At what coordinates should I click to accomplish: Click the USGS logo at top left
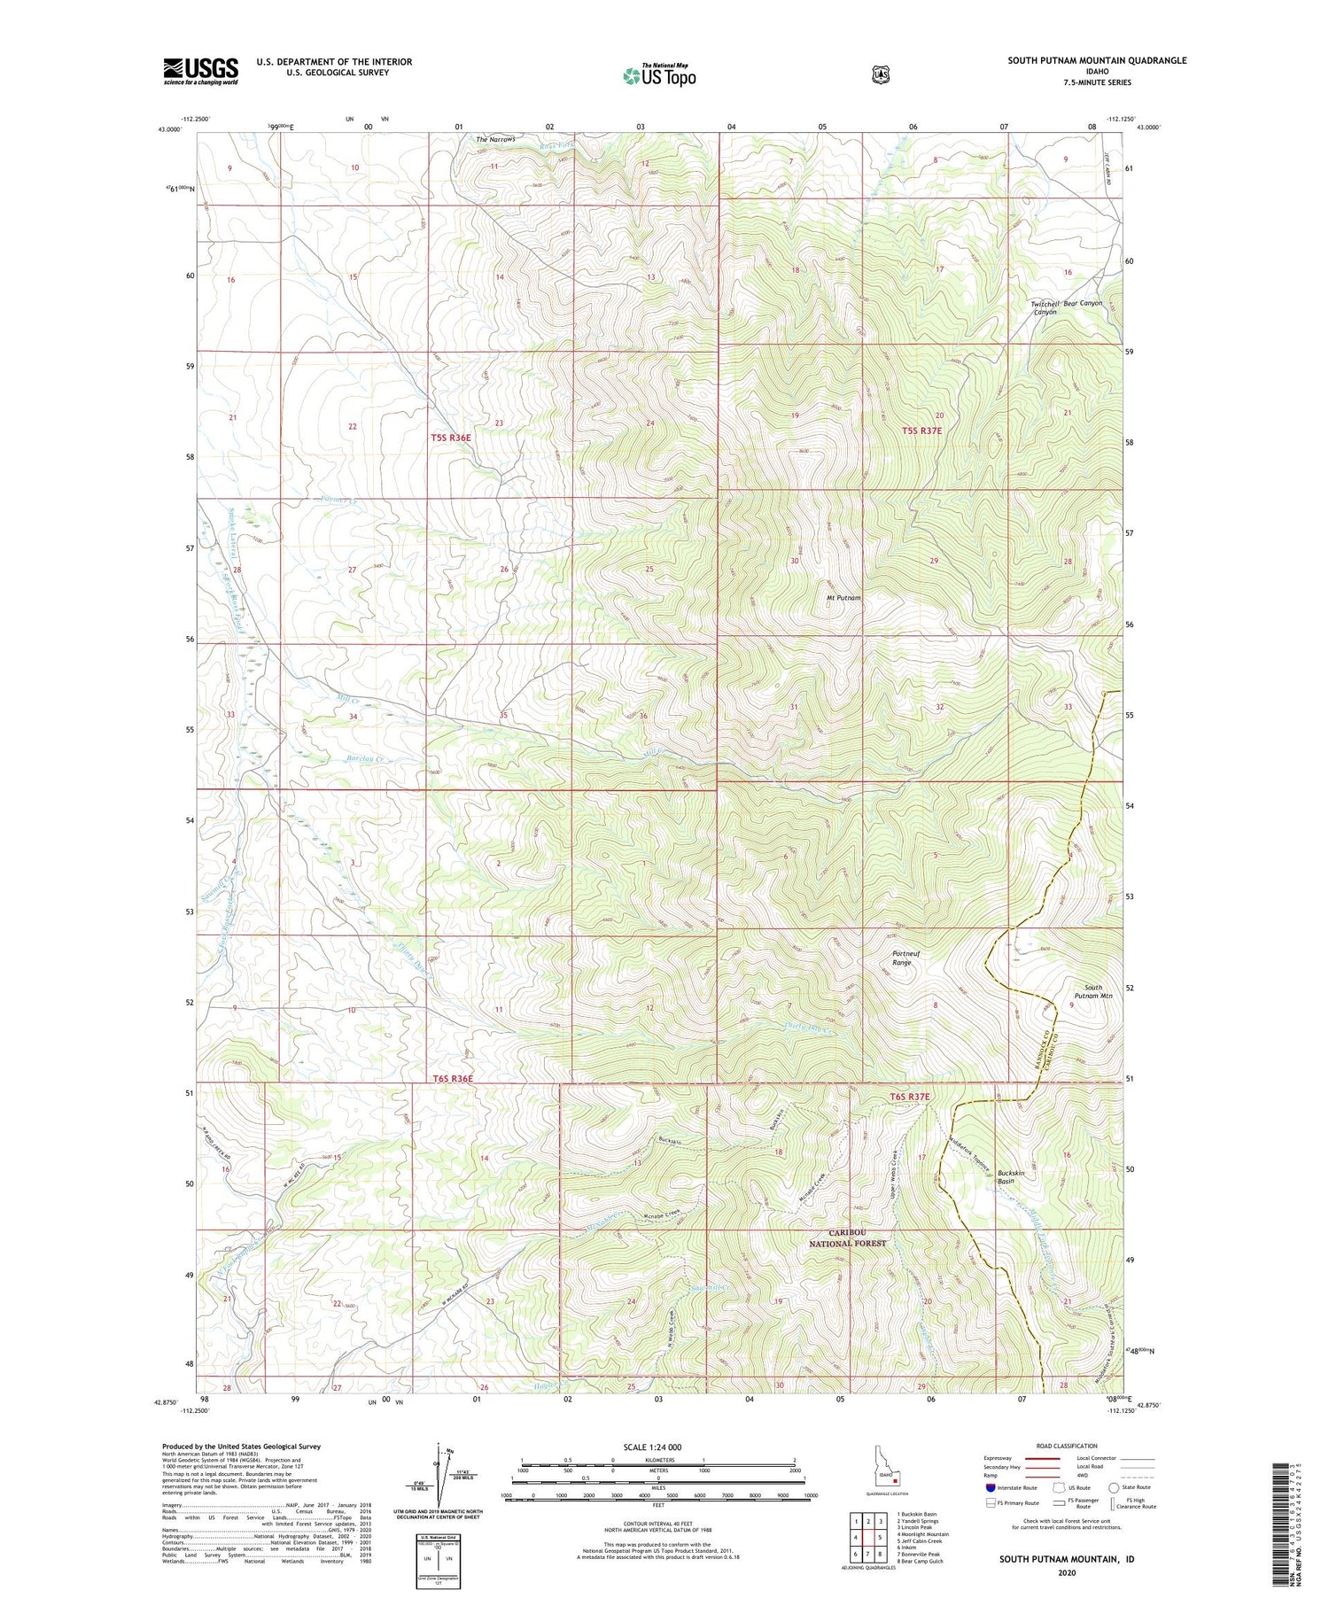[201, 71]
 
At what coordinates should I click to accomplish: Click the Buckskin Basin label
[1011, 1176]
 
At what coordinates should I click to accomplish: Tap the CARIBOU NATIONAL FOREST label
[847, 1237]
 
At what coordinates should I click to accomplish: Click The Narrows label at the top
[495, 140]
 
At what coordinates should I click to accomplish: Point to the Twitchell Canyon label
[1045, 307]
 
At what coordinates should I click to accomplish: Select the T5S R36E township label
[452, 438]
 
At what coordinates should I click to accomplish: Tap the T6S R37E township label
[910, 1097]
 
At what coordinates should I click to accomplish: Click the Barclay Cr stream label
[364, 759]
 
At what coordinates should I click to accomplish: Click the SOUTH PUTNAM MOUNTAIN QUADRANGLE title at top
[1096, 60]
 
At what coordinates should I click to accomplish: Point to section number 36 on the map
[643, 716]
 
